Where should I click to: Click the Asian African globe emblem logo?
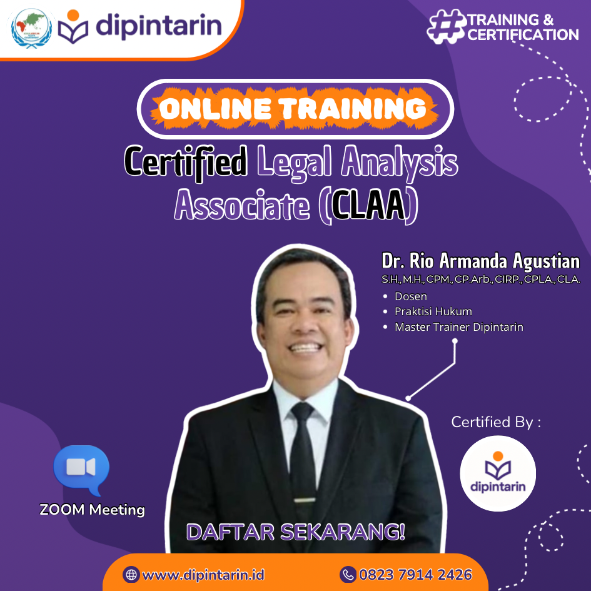(x=32, y=28)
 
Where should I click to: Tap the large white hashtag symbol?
(x=447, y=26)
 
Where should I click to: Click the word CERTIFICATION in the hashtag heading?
(x=523, y=35)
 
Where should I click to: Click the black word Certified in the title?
(x=186, y=162)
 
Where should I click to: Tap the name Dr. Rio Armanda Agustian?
(x=480, y=261)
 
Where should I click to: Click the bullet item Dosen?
(x=411, y=296)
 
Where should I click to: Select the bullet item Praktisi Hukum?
(x=433, y=311)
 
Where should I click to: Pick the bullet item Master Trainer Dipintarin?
(x=459, y=327)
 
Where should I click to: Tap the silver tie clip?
(x=305, y=500)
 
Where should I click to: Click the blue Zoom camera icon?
(x=81, y=469)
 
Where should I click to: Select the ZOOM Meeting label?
(x=93, y=510)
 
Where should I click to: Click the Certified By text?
(x=496, y=423)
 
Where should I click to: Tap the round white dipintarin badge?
(x=498, y=474)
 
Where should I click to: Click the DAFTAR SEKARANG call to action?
(x=296, y=532)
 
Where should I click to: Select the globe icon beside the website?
(x=131, y=575)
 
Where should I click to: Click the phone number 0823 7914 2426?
(x=415, y=575)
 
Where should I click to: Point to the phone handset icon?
(x=348, y=575)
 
